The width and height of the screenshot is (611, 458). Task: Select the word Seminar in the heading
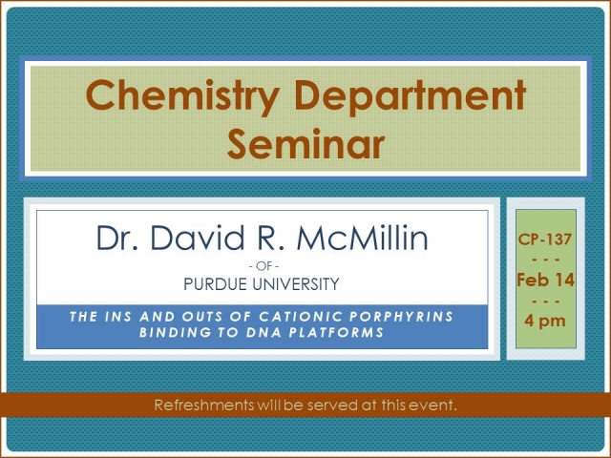(305, 144)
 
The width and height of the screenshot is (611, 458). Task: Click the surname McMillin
(362, 238)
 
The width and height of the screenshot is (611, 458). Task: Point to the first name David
(198, 238)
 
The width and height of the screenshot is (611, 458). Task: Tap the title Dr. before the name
(117, 238)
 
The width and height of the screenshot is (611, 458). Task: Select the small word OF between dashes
(264, 266)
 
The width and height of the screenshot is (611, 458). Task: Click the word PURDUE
(215, 284)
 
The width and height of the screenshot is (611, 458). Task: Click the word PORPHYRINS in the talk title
(401, 316)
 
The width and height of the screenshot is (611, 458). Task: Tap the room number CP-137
(545, 239)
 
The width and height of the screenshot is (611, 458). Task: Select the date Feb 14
(545, 280)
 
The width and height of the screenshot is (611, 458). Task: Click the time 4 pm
(545, 322)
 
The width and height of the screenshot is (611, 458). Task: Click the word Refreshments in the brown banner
(204, 405)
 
